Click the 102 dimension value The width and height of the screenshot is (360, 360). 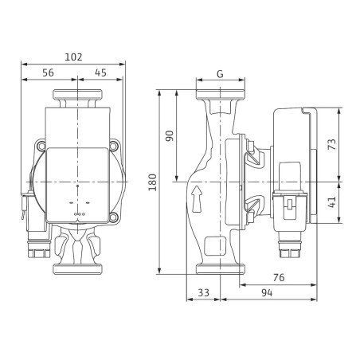click(x=73, y=57)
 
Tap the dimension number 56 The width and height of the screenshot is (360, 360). click(x=48, y=72)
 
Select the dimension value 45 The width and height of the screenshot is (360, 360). click(x=100, y=72)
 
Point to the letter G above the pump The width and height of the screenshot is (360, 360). click(x=220, y=74)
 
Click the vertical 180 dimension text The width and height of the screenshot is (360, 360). click(x=152, y=182)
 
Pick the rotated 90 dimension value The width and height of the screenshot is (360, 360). click(x=170, y=136)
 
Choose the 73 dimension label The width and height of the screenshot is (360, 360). click(x=332, y=144)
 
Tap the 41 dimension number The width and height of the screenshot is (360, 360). click(x=332, y=202)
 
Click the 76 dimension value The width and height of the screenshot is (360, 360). click(x=279, y=278)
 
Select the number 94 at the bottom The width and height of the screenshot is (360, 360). click(x=267, y=293)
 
